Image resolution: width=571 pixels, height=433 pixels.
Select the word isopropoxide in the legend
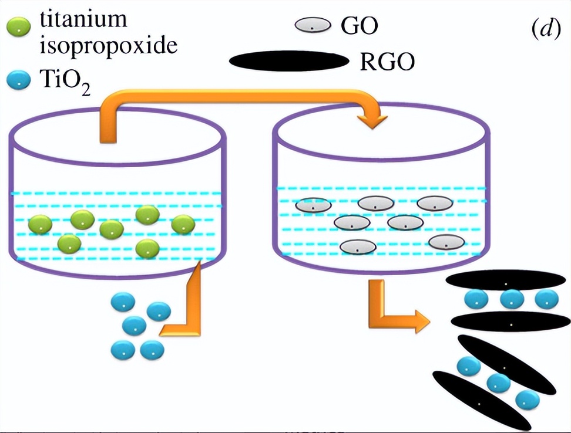(108, 45)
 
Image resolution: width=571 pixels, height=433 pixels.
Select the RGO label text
(387, 61)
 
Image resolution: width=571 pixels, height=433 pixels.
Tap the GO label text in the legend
(360, 26)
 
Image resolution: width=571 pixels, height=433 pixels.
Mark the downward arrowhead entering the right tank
(373, 121)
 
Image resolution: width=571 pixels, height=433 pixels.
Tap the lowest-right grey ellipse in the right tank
(447, 241)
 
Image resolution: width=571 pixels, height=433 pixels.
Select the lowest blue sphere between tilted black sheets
(527, 400)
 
